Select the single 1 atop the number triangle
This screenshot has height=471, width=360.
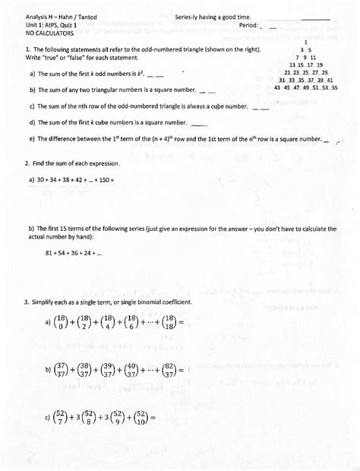point(305,42)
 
